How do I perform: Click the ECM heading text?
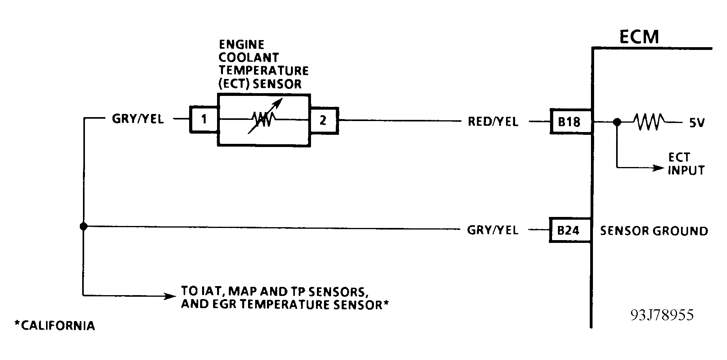point(639,37)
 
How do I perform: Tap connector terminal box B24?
point(569,230)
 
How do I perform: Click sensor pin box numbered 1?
point(204,119)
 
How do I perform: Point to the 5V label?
point(696,123)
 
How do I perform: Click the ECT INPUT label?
point(686,164)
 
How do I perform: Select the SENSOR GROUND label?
point(654,231)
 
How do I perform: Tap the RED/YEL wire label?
point(493,122)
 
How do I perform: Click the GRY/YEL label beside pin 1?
point(138,119)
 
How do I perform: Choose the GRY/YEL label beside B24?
point(492,230)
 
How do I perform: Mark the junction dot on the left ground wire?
point(83,226)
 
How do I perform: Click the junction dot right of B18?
point(617,122)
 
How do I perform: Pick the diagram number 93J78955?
point(662,315)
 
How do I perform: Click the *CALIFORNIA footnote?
point(55,326)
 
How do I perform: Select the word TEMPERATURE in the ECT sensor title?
point(263,71)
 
